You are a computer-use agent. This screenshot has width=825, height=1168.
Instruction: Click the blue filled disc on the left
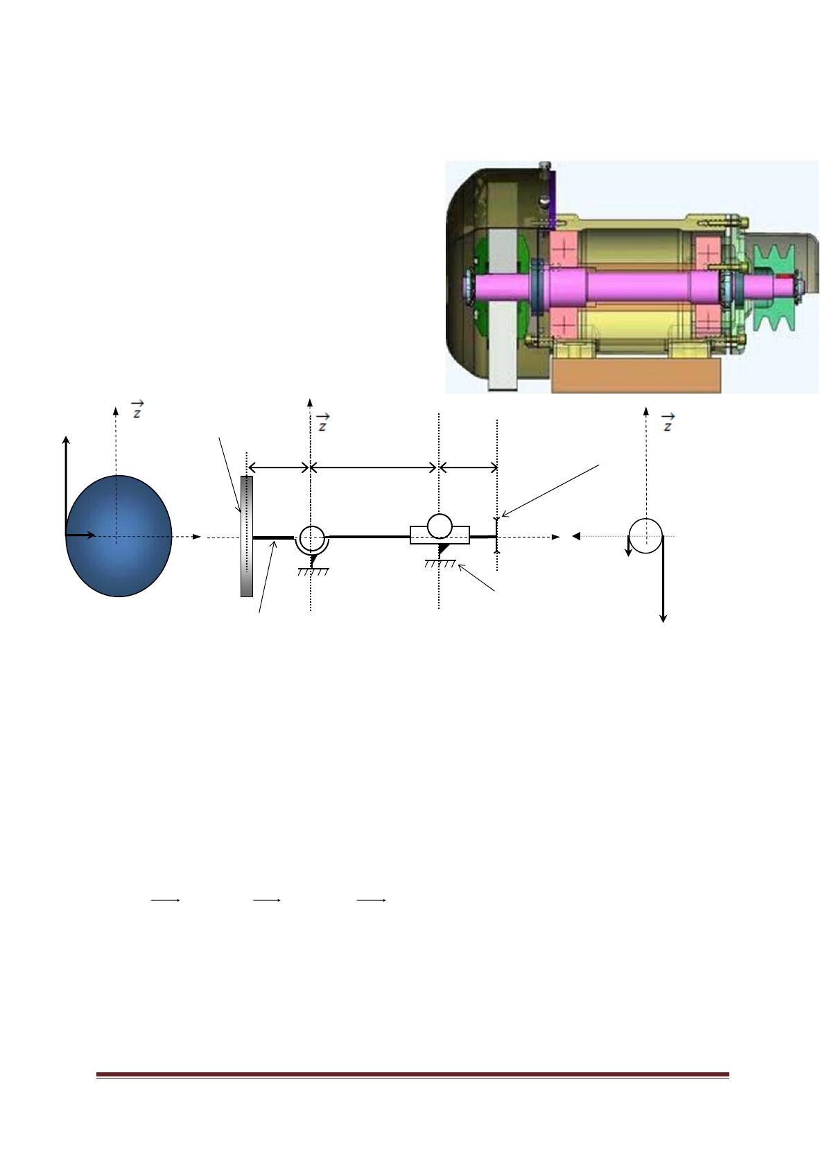coord(119,535)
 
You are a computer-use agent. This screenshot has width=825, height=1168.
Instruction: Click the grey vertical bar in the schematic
coord(247,536)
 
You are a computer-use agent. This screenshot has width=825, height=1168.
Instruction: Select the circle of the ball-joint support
coord(312,537)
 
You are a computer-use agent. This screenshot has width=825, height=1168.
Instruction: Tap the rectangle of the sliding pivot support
coord(440,535)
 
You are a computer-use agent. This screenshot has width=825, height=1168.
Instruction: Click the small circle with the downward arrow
coord(645,535)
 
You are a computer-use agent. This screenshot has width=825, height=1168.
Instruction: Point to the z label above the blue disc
coord(137,409)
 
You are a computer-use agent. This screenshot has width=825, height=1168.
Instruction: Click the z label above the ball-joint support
coord(323,422)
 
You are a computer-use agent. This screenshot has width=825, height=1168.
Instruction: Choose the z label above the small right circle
coord(668,422)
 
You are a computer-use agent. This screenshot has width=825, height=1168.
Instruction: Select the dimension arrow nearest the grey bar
coord(279,467)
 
